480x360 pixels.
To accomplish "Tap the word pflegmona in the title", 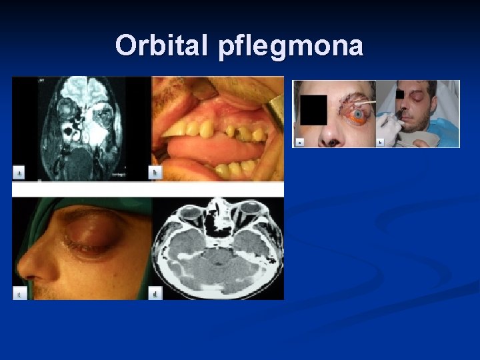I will click(289, 47).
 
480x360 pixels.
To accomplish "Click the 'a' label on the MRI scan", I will click(20, 173).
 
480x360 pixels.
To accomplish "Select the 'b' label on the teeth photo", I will click(156, 173).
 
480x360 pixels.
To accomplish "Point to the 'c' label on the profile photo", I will click(20, 293).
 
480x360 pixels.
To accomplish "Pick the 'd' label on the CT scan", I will click(156, 293).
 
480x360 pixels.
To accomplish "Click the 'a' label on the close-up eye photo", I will click(300, 141).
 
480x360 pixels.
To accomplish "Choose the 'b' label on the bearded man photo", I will click(381, 142).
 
